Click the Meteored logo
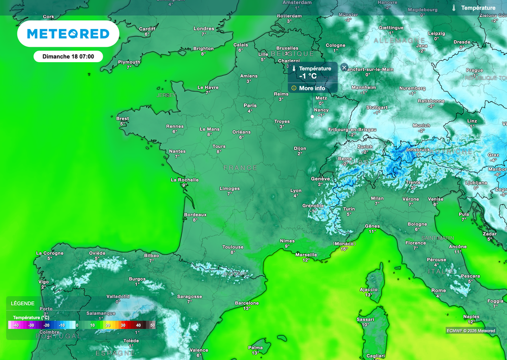coord(68,34)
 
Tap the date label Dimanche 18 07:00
coord(68,56)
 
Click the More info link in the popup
coord(312,88)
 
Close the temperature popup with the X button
coord(344,67)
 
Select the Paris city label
coord(250,105)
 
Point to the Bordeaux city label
coord(196,215)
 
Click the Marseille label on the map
coord(306,255)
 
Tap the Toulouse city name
coord(233,247)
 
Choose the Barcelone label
coord(247,303)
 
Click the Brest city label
coord(123,119)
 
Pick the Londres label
coord(204,28)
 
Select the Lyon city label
coord(296,191)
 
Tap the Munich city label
coord(421,126)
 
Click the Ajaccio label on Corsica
coord(369,289)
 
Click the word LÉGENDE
coord(23,304)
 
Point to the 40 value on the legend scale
coord(138,325)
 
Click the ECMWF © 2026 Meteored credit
coord(471,331)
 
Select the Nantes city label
coord(177,152)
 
